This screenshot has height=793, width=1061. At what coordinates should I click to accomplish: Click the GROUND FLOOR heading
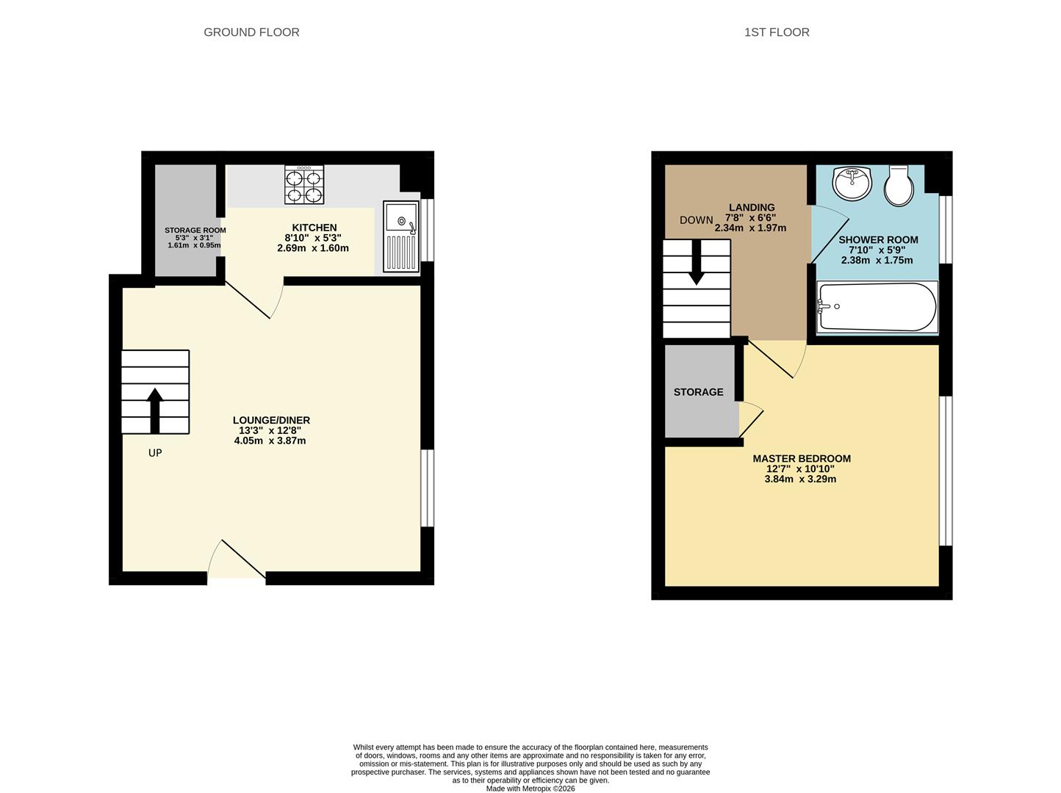tap(251, 32)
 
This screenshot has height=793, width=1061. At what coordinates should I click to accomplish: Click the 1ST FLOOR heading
tap(777, 32)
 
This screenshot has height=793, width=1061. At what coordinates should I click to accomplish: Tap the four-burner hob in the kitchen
tap(304, 186)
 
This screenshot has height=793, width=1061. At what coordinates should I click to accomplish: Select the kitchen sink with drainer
tap(401, 236)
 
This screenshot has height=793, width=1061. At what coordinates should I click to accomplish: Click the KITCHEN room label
tap(314, 228)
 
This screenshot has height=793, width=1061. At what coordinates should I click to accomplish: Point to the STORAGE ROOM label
tap(195, 231)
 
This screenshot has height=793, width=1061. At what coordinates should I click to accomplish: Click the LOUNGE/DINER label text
tap(271, 420)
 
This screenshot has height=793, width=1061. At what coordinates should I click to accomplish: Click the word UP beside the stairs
tap(155, 453)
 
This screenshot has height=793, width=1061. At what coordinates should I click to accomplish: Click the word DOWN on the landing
tap(696, 220)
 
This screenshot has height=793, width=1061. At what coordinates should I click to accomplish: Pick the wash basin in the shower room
tap(852, 182)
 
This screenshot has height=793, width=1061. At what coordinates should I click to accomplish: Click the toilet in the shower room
tap(898, 185)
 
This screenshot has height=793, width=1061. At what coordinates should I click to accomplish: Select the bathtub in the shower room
tap(877, 307)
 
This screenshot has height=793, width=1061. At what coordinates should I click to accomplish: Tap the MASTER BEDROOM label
tap(801, 458)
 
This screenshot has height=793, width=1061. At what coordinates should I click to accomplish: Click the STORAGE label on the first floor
tap(698, 392)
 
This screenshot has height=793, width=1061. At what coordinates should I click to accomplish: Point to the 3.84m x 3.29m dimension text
tap(800, 479)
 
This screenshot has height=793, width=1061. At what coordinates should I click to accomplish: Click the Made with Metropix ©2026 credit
tap(530, 789)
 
